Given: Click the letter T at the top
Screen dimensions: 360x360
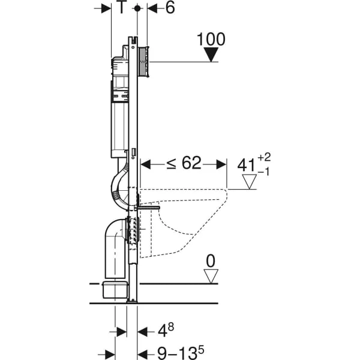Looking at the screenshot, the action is pos(122,7).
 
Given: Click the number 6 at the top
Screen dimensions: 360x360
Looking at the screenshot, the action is pos(170,8).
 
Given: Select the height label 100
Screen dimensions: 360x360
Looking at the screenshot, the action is pos(211,39).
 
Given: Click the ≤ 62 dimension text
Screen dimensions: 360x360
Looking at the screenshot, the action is pos(184,163).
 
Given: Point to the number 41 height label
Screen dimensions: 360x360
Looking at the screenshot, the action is pos(247,165).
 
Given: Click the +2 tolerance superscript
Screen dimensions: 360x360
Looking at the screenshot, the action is pos(264,157).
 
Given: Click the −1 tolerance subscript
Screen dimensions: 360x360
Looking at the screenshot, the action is pos(263,172).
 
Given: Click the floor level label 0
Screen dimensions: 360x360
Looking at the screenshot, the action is pos(211,261).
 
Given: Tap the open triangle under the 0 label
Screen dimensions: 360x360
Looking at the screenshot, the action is pos(211,276).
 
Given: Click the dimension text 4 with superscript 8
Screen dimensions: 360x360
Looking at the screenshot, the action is pos(166,330).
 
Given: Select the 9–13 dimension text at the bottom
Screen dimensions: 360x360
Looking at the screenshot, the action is pos(181,352).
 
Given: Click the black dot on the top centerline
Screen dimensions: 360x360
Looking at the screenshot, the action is pos(137,8).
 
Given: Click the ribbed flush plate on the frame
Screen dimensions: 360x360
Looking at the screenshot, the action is pos(144,62).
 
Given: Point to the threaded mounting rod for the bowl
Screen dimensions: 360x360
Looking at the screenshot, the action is pos(147,208).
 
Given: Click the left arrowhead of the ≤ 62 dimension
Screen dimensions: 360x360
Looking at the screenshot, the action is pos(146,164).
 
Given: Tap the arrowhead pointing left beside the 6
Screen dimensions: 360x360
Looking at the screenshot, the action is pos(152,8).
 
